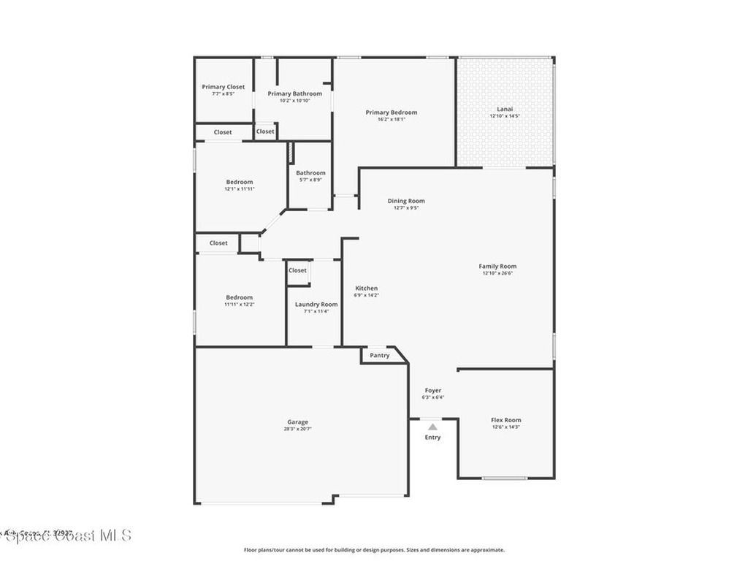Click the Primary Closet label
(x=224, y=87)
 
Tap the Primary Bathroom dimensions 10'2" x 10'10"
(x=294, y=101)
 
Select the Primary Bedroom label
(x=392, y=112)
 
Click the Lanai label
(x=505, y=109)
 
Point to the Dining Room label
(x=406, y=201)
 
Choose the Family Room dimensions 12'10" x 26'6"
(x=497, y=273)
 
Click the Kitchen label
(x=367, y=288)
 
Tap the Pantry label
(x=380, y=356)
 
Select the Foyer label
(x=432, y=391)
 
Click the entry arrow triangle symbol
(x=432, y=427)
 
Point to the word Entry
(x=432, y=438)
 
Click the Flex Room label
(x=505, y=420)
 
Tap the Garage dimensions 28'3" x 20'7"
(x=297, y=429)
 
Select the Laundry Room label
(x=316, y=304)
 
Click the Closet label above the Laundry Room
(x=297, y=270)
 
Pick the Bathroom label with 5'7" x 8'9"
(x=311, y=173)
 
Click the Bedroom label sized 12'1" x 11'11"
(x=240, y=182)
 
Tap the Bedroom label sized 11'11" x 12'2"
(x=240, y=297)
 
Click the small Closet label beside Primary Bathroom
(x=265, y=131)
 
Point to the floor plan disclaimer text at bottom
(x=374, y=550)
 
